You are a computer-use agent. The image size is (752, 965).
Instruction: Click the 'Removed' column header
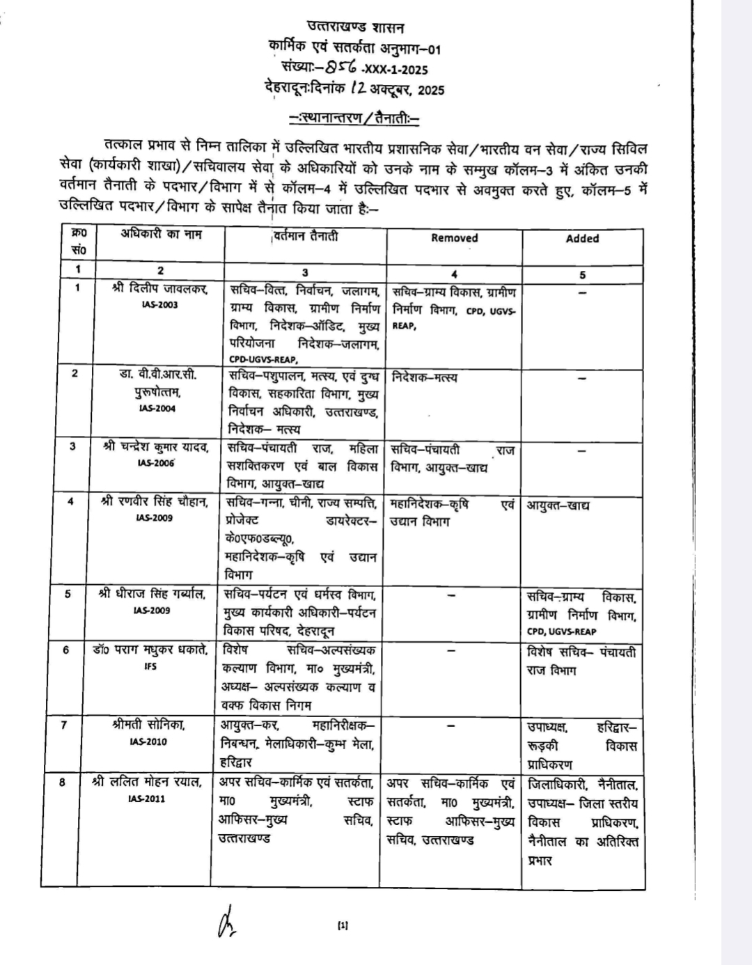[x=454, y=238]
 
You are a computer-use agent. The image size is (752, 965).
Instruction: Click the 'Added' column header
[x=582, y=238]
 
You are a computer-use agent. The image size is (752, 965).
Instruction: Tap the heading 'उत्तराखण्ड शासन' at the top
[x=355, y=28]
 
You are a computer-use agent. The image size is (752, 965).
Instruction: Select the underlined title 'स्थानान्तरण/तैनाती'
[x=354, y=117]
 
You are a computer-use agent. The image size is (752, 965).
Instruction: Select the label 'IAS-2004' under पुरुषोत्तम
[x=157, y=409]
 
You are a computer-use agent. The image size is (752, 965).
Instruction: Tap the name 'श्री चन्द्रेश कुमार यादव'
[x=155, y=447]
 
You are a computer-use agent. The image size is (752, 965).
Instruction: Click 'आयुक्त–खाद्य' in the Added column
[x=558, y=505]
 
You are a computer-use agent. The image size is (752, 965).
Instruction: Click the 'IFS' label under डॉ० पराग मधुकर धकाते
[x=150, y=666]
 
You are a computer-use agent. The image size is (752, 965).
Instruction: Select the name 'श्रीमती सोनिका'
[x=148, y=725]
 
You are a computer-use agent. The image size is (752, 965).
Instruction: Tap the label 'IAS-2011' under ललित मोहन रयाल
[x=147, y=799]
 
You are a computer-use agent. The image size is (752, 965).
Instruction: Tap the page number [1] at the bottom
[x=342, y=925]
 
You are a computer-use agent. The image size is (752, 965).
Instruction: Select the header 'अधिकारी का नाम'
[x=160, y=234]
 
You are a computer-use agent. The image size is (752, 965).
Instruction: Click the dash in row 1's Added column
[x=582, y=292]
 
